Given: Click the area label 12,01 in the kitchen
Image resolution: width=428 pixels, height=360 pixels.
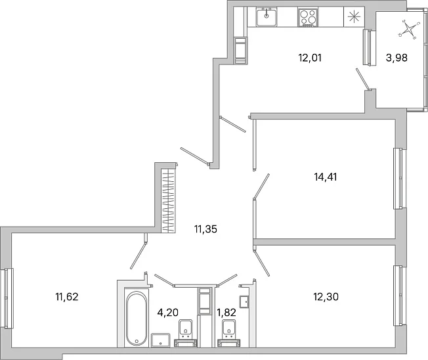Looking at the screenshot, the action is click(310, 58).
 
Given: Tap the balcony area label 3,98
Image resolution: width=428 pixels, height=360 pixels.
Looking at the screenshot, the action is click(396, 58).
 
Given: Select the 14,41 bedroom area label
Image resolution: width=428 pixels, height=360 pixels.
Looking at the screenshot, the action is click(326, 177).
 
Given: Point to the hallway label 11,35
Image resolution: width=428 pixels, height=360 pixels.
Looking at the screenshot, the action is click(206, 229).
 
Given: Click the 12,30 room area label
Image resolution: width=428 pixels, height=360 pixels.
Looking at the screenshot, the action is click(326, 296).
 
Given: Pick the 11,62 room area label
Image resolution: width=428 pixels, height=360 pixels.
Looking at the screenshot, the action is click(67, 296).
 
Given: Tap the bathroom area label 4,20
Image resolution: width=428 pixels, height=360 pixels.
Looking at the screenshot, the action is click(168, 312).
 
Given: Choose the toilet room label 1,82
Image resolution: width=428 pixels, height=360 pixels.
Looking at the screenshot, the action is click(226, 312).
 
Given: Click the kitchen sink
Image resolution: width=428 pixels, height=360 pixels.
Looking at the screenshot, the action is click(267, 17).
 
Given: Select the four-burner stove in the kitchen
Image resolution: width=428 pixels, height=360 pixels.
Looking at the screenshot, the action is click(308, 18).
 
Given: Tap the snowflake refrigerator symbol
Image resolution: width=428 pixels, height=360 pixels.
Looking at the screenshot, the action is click(354, 17).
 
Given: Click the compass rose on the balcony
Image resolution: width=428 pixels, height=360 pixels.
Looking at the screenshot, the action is click(408, 29).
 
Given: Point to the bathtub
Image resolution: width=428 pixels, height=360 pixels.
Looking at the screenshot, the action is click(137, 319).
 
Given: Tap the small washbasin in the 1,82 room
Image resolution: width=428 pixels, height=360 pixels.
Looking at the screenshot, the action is click(244, 302).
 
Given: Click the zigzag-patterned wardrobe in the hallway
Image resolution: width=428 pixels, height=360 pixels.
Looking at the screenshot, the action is click(168, 201).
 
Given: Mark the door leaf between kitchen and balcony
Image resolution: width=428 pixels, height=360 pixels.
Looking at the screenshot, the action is click(363, 79).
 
